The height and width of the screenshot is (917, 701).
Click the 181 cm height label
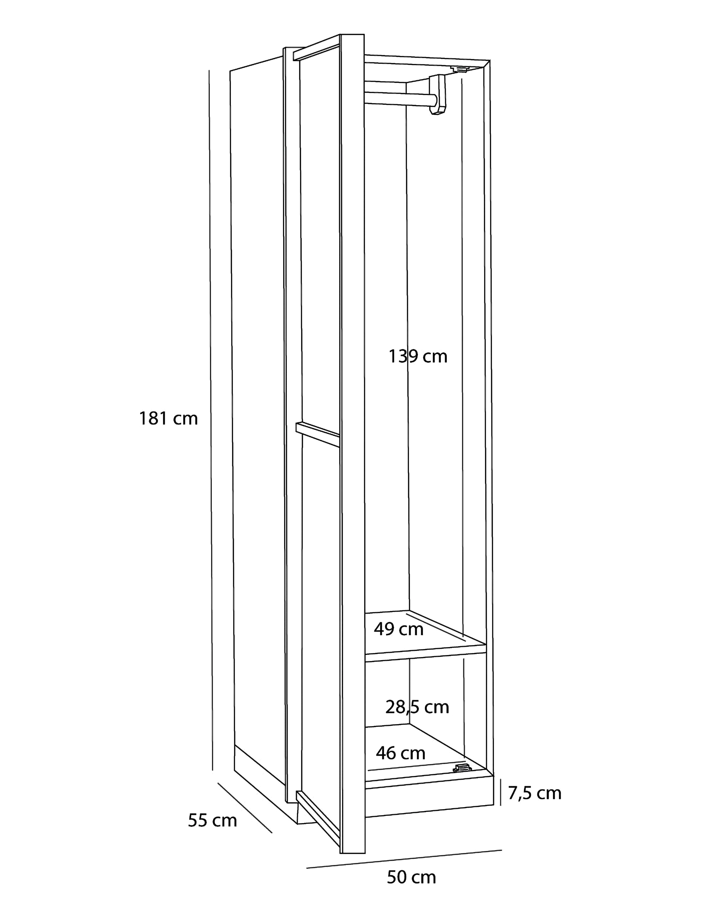point(168,418)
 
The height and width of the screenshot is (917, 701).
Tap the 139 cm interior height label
point(418,357)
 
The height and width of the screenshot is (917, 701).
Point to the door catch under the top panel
point(460,69)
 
